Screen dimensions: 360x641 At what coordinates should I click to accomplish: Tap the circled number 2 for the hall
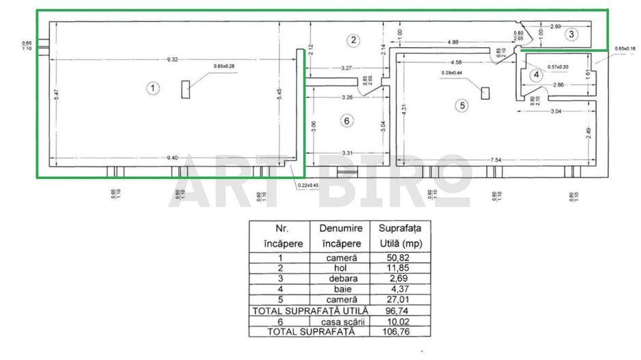(353, 40)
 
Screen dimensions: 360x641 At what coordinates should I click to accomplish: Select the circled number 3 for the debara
(572, 33)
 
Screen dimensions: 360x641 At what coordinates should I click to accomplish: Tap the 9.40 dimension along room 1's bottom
(172, 158)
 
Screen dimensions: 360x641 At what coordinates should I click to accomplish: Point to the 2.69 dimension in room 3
(556, 26)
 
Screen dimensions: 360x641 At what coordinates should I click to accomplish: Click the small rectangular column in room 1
(186, 89)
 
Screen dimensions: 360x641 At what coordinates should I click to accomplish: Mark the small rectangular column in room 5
(485, 94)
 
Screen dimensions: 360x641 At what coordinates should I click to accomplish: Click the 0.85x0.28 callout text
(225, 66)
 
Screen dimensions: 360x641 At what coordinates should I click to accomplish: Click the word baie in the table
(338, 289)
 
